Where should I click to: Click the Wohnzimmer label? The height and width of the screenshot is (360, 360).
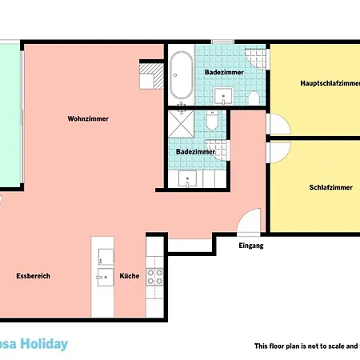click(88, 119)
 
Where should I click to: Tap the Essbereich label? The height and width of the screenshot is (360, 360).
click(33, 276)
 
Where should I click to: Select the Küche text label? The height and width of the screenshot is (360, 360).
click(130, 276)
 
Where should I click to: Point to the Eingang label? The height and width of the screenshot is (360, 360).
click(250, 246)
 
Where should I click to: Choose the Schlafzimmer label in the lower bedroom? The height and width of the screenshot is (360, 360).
click(330, 187)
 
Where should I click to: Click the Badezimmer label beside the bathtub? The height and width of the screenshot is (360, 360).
click(219, 72)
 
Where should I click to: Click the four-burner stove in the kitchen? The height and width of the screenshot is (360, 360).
click(154, 276)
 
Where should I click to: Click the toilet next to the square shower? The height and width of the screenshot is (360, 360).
click(210, 122)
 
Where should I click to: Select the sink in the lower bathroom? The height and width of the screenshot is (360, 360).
click(190, 181)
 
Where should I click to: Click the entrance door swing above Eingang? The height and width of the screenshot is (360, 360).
click(250, 222)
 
